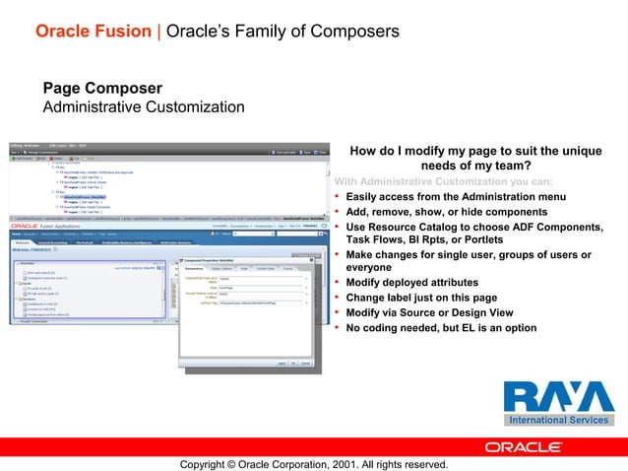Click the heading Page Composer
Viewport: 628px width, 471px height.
[x=102, y=89]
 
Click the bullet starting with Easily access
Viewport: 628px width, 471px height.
[x=455, y=197]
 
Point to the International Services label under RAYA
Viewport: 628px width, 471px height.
[x=558, y=421]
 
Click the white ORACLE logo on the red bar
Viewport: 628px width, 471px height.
[x=524, y=446]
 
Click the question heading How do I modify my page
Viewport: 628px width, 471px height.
[x=476, y=159]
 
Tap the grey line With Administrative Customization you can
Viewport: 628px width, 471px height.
[x=443, y=181]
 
